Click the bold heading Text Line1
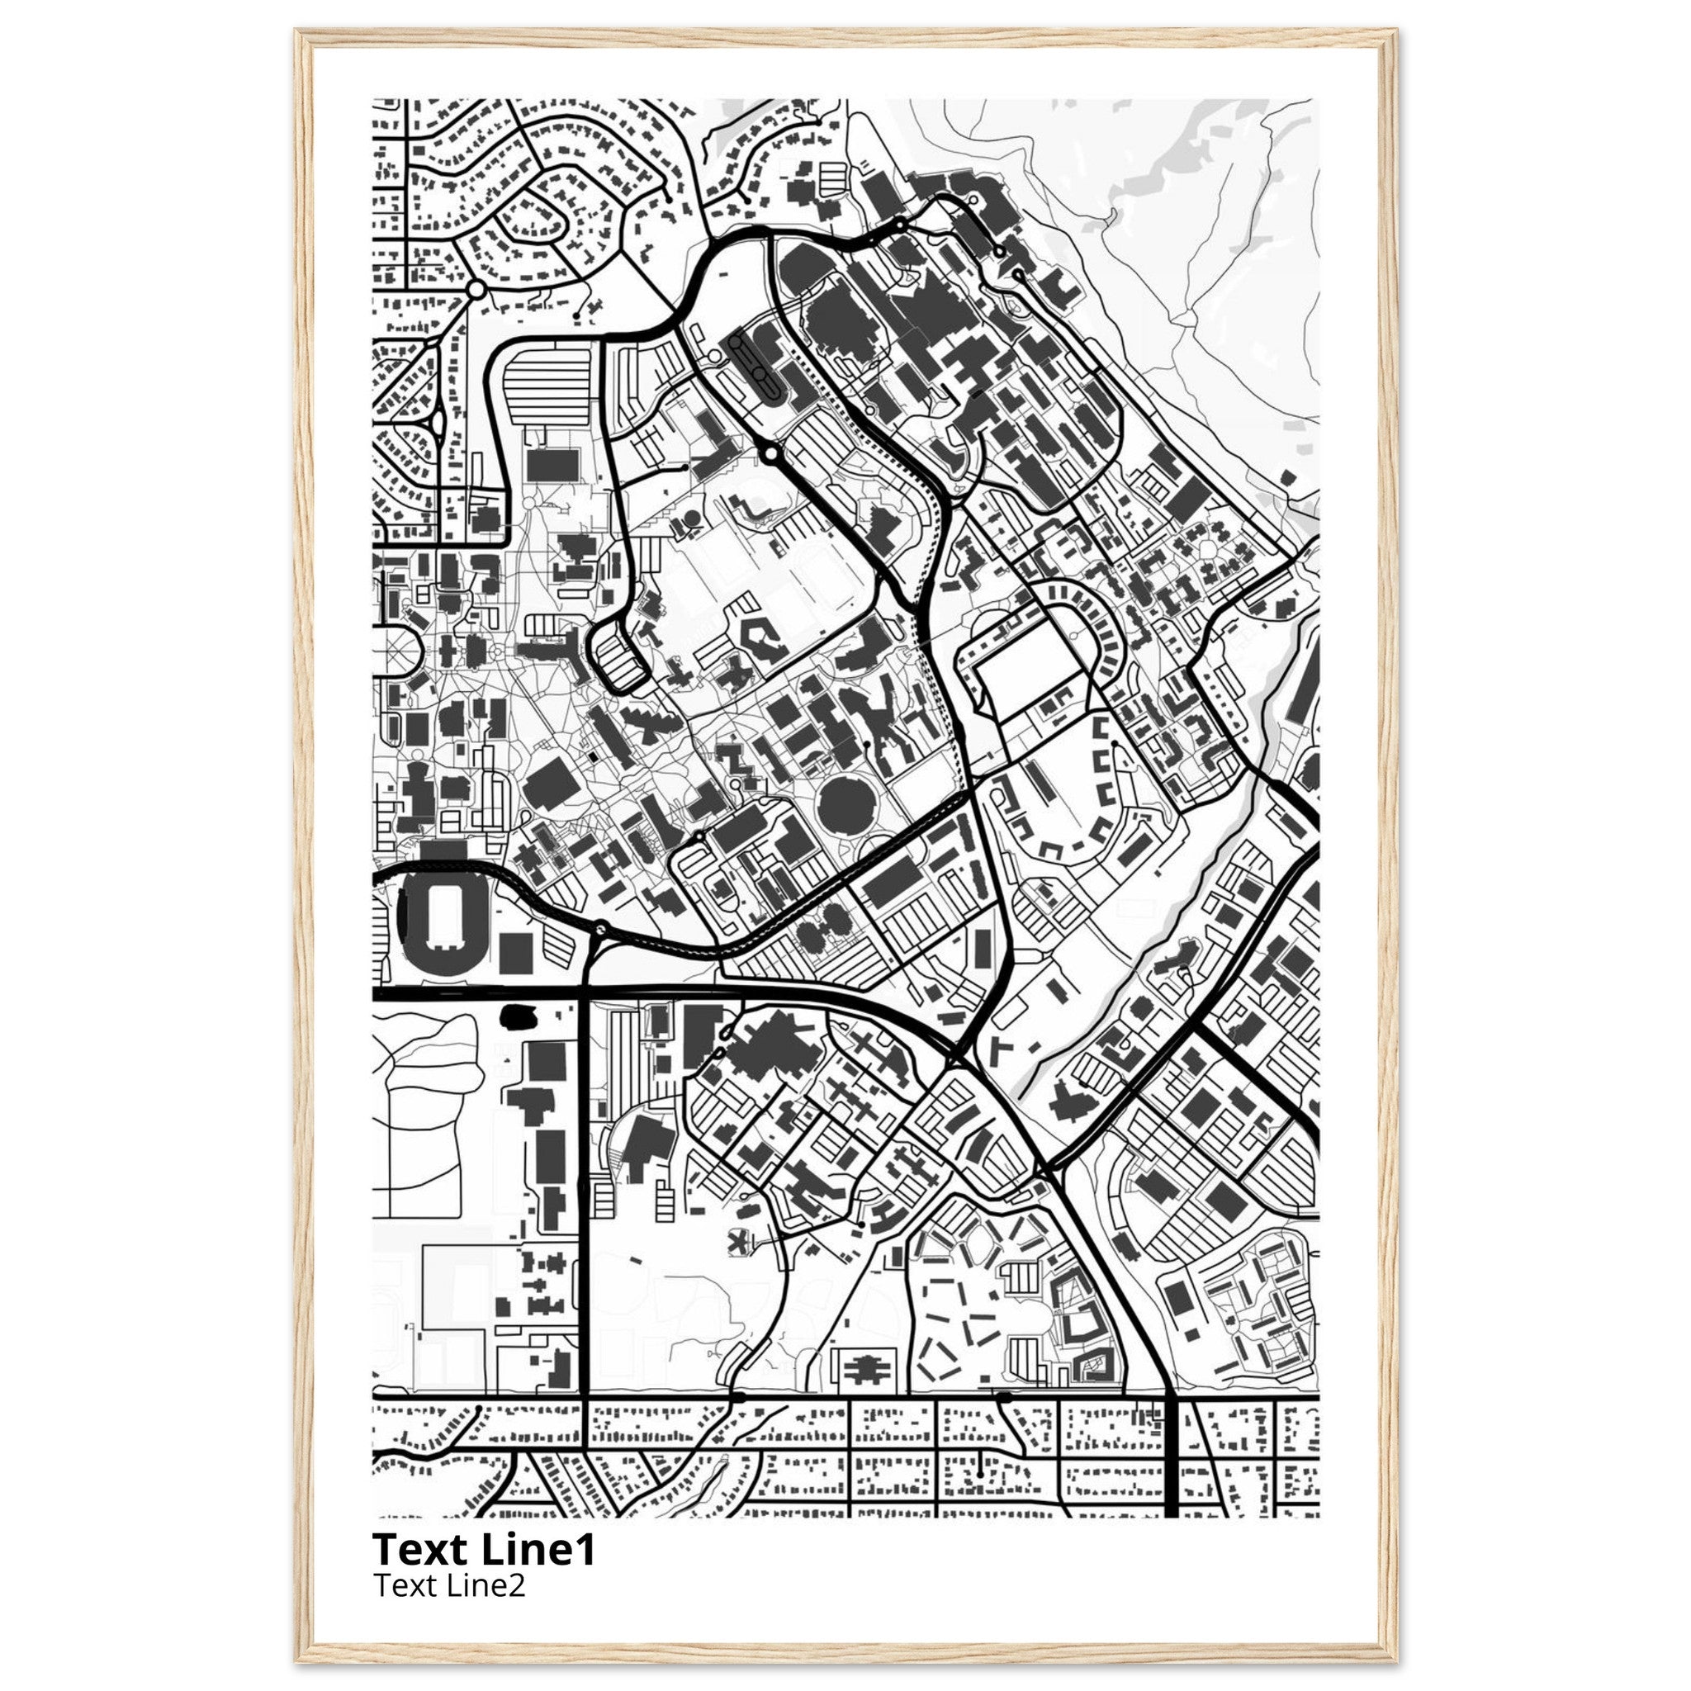pos(484,1549)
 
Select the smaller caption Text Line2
pos(449,1585)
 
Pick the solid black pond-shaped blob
pos(519,1016)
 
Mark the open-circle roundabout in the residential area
pos(476,289)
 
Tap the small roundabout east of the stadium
pos(599,929)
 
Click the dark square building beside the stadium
pos(514,951)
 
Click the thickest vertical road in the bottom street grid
pos(1171,1457)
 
